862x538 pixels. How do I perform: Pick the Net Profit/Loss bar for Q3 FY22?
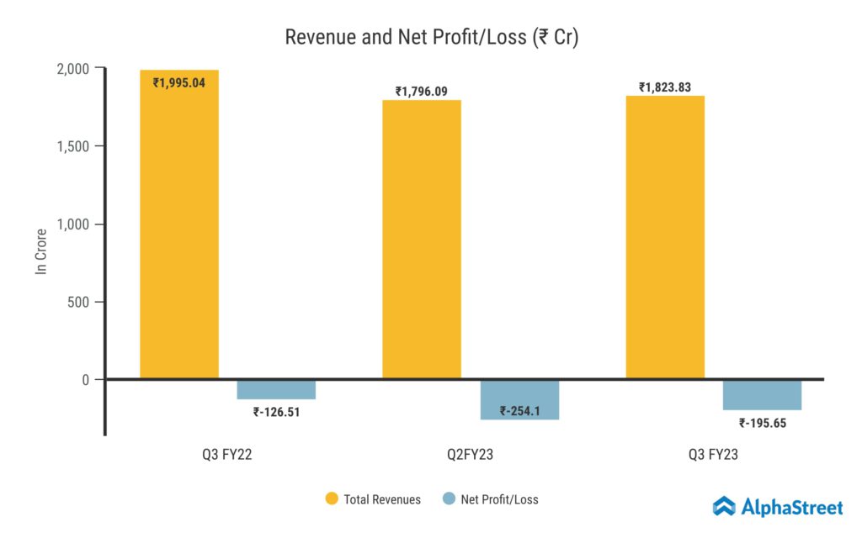coord(276,388)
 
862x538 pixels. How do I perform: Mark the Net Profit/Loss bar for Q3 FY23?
coord(762,394)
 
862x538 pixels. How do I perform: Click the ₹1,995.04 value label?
coord(179,82)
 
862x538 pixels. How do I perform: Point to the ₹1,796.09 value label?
coord(422,91)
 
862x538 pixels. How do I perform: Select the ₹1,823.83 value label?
coord(665,87)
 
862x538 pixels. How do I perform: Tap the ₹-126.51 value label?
coord(277,412)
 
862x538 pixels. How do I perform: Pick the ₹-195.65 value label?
coord(763,423)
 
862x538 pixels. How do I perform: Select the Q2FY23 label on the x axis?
coord(471,455)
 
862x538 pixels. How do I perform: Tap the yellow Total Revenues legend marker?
coord(332,499)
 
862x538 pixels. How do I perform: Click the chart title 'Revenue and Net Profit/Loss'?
coord(431,38)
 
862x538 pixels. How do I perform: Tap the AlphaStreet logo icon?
coord(724,506)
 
